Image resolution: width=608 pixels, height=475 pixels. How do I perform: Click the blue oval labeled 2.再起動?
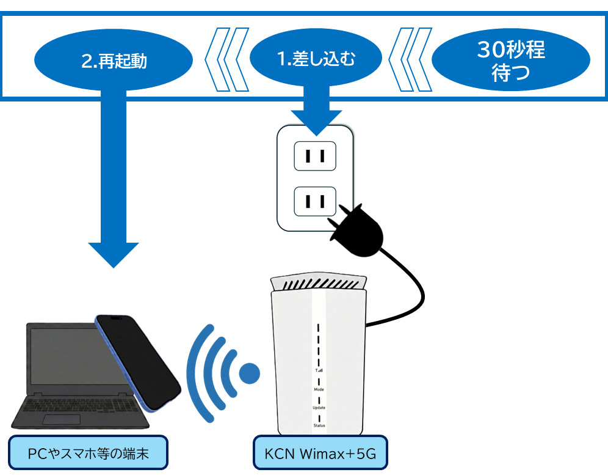tap(114, 61)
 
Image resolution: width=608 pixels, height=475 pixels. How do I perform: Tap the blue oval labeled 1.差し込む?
tap(316, 59)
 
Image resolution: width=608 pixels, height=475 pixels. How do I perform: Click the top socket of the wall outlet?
tap(315, 156)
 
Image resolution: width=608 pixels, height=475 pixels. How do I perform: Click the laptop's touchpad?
tap(62, 420)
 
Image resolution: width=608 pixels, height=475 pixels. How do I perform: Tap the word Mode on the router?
tap(319, 389)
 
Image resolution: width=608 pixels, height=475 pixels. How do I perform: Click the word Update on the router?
tap(319, 408)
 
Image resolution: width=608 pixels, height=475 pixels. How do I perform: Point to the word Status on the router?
tap(319, 425)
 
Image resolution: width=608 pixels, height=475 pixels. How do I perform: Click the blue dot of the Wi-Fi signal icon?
tap(249, 372)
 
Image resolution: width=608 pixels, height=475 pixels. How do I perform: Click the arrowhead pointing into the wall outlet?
tap(316, 121)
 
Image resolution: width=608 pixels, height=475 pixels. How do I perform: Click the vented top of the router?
tap(318, 284)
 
